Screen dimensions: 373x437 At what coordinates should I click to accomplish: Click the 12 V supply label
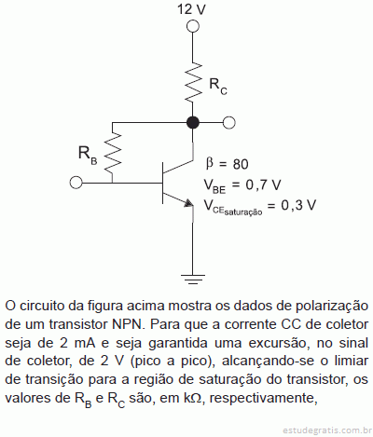coord(191,9)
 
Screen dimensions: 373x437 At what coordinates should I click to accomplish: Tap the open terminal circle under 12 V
coord(193,26)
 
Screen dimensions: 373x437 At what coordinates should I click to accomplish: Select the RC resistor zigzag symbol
coord(193,81)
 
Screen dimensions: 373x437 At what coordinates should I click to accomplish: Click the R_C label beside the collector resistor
coord(218,86)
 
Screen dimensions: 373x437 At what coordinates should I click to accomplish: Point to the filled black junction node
coord(193,123)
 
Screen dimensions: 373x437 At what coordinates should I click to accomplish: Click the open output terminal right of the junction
coord(229,123)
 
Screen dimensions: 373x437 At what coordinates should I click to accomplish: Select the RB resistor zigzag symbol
coord(113,152)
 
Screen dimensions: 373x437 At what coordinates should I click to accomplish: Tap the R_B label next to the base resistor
coord(88,155)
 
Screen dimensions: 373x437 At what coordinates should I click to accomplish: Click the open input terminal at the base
coord(76,183)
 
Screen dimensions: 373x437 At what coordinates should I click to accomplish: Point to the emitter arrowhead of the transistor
coord(188,202)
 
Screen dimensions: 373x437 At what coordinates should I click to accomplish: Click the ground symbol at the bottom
coord(193,280)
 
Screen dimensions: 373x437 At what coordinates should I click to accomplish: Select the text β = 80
coord(227,164)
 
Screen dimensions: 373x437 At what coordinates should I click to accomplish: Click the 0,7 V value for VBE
coord(263,185)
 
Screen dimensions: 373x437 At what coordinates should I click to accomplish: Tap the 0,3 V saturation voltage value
coord(298,205)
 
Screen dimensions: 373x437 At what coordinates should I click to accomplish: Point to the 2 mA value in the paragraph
coord(76,343)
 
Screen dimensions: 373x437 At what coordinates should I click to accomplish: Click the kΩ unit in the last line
coord(193,398)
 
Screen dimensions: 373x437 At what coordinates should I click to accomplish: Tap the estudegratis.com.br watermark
coord(327,430)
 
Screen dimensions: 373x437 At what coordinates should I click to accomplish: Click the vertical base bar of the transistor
coord(162,184)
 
